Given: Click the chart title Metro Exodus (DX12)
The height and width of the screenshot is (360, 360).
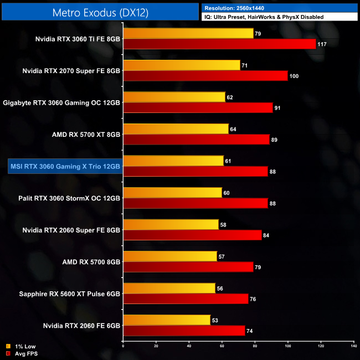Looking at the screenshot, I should coord(100,12).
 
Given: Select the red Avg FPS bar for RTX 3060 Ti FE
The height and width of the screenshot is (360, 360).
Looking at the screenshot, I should coord(219,44).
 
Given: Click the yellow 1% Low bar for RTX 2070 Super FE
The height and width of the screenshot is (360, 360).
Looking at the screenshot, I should coord(182,65).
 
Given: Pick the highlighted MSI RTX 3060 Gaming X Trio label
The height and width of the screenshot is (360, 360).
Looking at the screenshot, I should coord(65,166).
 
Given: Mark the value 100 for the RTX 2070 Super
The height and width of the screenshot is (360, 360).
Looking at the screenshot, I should coord(294,76).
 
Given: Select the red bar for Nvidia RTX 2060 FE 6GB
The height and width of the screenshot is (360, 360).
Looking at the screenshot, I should coord(184,331).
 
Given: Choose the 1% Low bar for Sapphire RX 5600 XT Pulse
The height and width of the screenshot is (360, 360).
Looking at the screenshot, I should coord(169,288).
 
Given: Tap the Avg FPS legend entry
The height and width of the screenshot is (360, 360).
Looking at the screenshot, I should coord(24,353).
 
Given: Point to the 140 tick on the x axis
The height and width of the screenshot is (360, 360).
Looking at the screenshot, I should coord(353,347).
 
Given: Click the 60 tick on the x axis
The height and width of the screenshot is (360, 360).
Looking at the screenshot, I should coord(222,347).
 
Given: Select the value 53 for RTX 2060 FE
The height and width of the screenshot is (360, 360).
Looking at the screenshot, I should coord(215,320).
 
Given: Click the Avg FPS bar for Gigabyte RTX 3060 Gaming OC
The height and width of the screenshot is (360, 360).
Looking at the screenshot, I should coord(198,108).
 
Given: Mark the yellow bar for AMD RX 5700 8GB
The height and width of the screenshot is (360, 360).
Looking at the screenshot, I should coord(169,256).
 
